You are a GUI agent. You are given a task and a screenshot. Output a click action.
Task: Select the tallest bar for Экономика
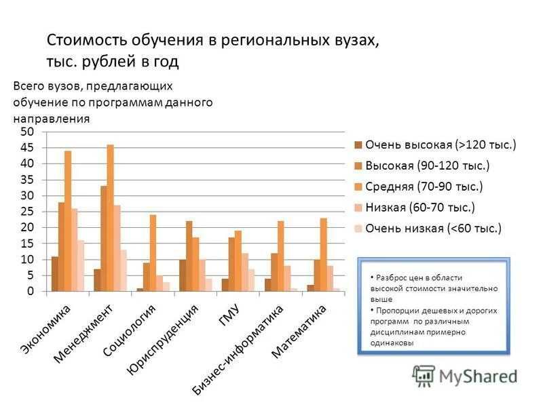pos(68,221)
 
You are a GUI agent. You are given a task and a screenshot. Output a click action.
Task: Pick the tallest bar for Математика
pos(323,254)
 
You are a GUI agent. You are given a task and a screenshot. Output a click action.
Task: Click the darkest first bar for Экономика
pos(54,274)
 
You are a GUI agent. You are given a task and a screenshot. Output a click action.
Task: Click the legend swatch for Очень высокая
pos(356,144)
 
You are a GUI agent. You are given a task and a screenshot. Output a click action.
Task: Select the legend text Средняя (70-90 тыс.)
pos(424,186)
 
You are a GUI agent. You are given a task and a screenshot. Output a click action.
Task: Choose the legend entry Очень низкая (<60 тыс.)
pos(434,228)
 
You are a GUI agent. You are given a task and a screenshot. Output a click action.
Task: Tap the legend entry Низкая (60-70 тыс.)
pos(420,207)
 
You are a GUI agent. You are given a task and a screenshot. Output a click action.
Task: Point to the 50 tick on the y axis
pos(26,131)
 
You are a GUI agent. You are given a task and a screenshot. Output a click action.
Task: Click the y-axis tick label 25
pos(26,212)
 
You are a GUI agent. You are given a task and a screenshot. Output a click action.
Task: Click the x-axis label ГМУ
pos(227,318)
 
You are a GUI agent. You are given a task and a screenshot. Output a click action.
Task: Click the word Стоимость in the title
pos(88,41)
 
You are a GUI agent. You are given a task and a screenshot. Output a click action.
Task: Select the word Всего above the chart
pos(29,86)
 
